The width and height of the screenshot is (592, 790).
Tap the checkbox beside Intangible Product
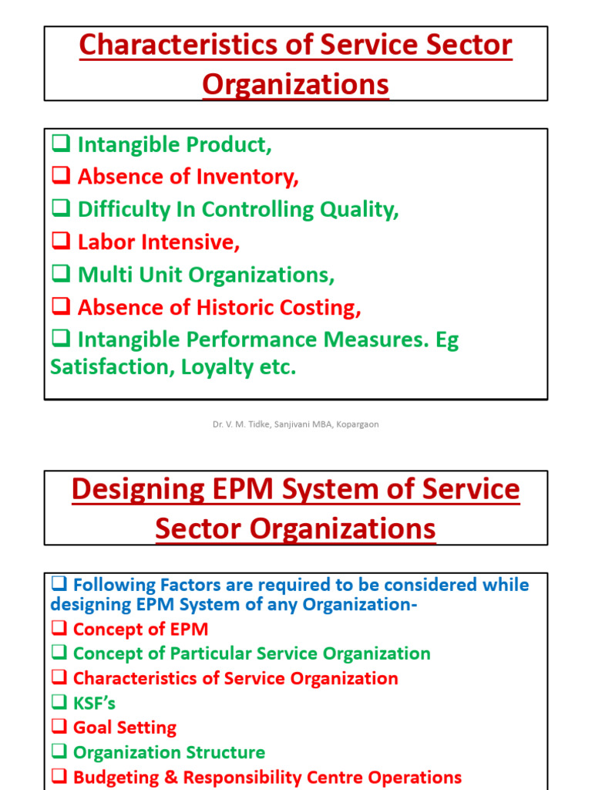pos(60,144)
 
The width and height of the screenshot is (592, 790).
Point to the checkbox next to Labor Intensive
pos(60,241)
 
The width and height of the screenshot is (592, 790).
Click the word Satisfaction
pos(111,367)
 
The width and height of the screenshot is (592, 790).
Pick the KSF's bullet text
pos(94,703)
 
